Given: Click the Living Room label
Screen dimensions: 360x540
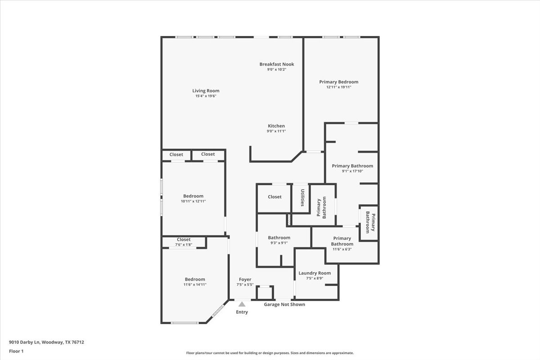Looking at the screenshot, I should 206,91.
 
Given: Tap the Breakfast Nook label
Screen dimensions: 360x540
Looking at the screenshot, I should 276,64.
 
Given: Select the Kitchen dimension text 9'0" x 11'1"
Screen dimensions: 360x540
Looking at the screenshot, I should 276,131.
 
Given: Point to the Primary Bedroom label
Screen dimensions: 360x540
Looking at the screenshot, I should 338,82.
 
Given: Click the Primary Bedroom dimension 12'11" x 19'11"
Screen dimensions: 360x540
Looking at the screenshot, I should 338,87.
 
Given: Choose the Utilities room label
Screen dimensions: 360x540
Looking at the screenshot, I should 302,197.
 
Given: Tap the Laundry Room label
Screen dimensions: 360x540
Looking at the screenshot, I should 315,273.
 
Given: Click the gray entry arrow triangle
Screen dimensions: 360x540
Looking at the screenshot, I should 242,304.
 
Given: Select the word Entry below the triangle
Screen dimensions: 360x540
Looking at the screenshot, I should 242,312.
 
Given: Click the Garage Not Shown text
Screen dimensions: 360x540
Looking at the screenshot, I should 284,305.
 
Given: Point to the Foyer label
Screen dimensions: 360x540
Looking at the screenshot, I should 245,279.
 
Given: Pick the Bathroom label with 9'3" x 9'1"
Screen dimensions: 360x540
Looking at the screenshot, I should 279,238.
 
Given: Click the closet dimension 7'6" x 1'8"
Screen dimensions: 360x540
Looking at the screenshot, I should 183,245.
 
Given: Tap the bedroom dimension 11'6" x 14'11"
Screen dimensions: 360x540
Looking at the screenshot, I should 194,284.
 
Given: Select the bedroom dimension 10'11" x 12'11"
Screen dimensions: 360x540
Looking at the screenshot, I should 193,201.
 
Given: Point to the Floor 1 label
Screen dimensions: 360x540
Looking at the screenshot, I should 16,351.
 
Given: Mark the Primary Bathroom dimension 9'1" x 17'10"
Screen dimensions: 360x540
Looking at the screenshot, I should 352,171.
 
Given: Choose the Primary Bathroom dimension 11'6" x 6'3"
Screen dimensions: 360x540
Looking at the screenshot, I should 342,249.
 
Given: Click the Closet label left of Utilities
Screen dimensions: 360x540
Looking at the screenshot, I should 274,197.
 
